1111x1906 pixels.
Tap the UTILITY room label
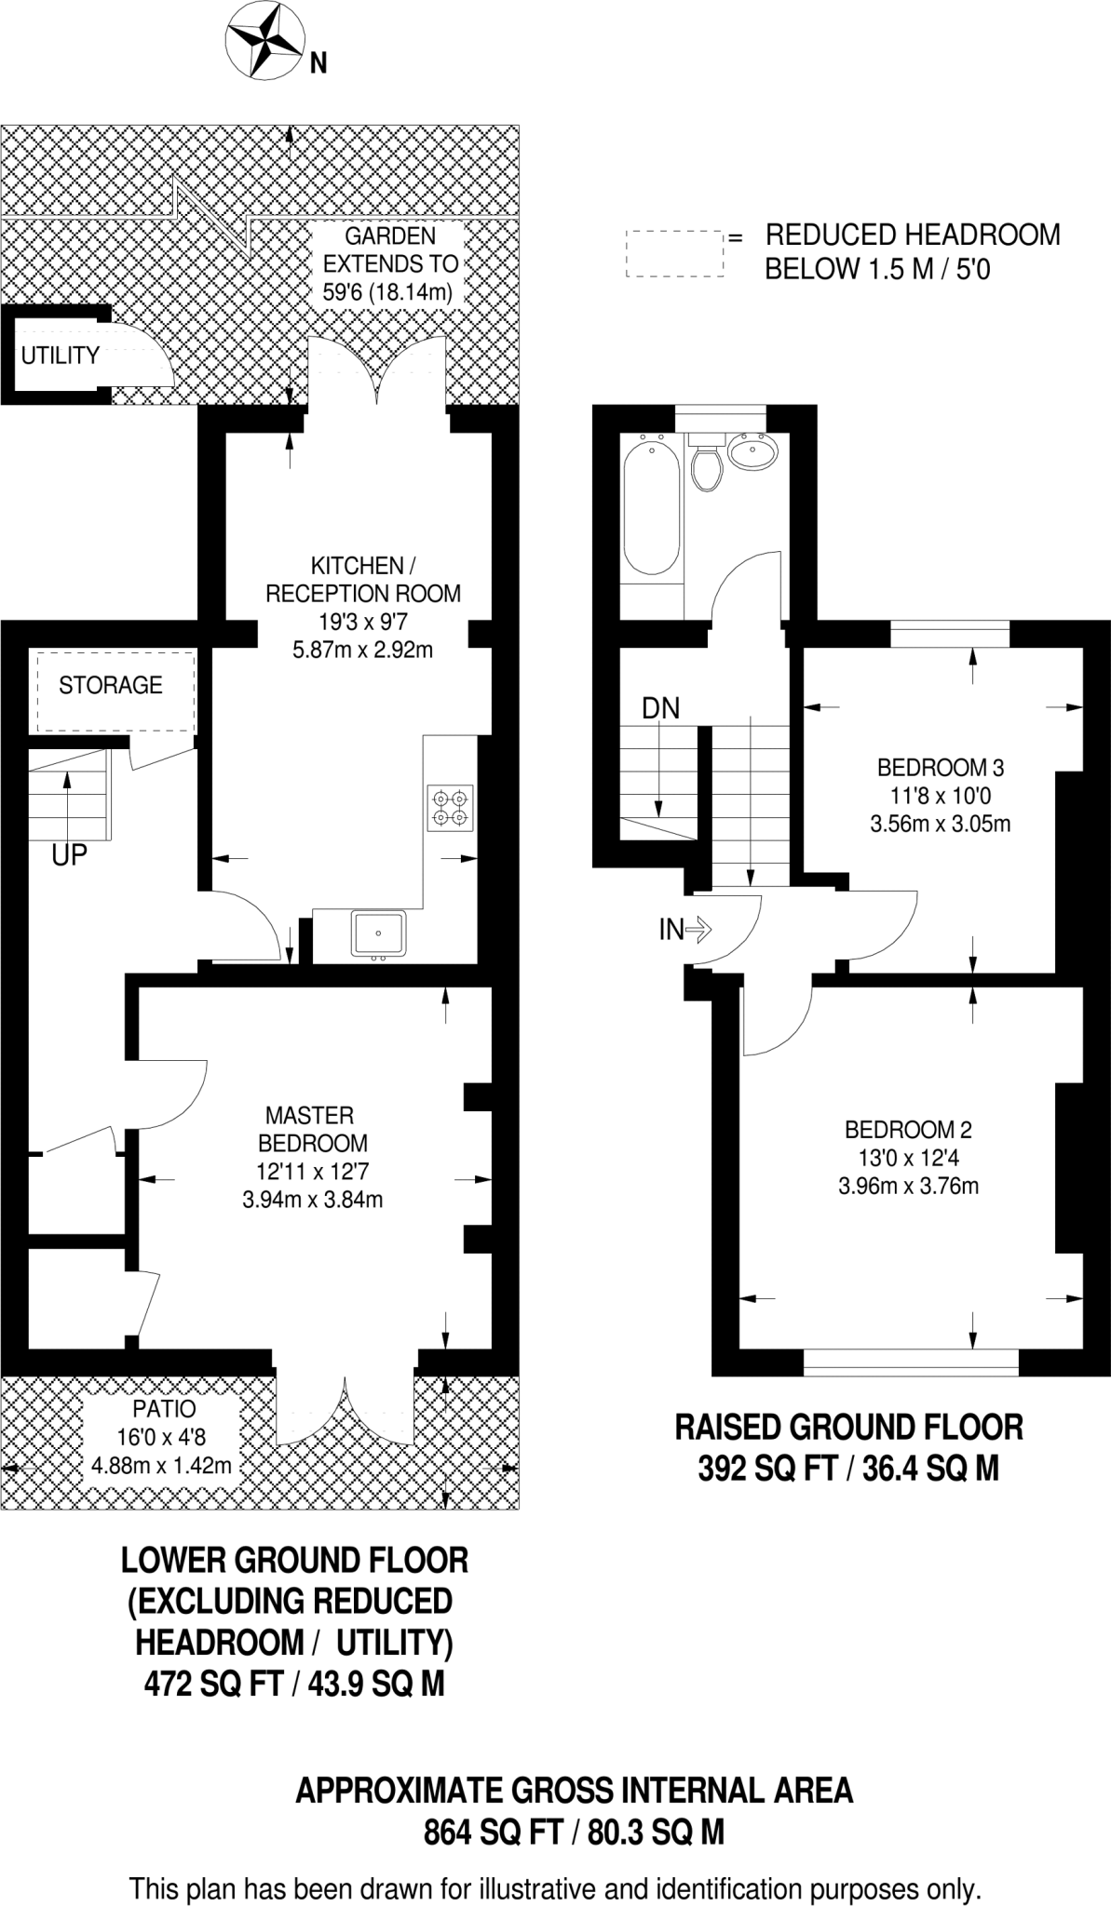point(60,356)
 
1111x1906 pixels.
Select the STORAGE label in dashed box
point(110,686)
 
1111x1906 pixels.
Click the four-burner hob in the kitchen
point(451,808)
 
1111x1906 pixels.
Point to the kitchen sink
point(378,933)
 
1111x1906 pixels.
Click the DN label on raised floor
point(660,708)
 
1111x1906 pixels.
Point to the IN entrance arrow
point(685,929)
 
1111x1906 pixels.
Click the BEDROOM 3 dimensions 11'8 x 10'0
point(940,796)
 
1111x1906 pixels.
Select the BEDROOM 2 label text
point(908,1130)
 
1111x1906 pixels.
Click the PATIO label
point(162,1408)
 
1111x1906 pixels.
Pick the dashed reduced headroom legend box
point(674,253)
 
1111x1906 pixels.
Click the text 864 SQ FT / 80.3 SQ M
point(574,1832)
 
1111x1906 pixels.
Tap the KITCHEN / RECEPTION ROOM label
point(363,579)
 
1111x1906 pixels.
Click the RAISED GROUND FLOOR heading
point(848,1427)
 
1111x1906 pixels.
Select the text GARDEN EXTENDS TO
point(390,249)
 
